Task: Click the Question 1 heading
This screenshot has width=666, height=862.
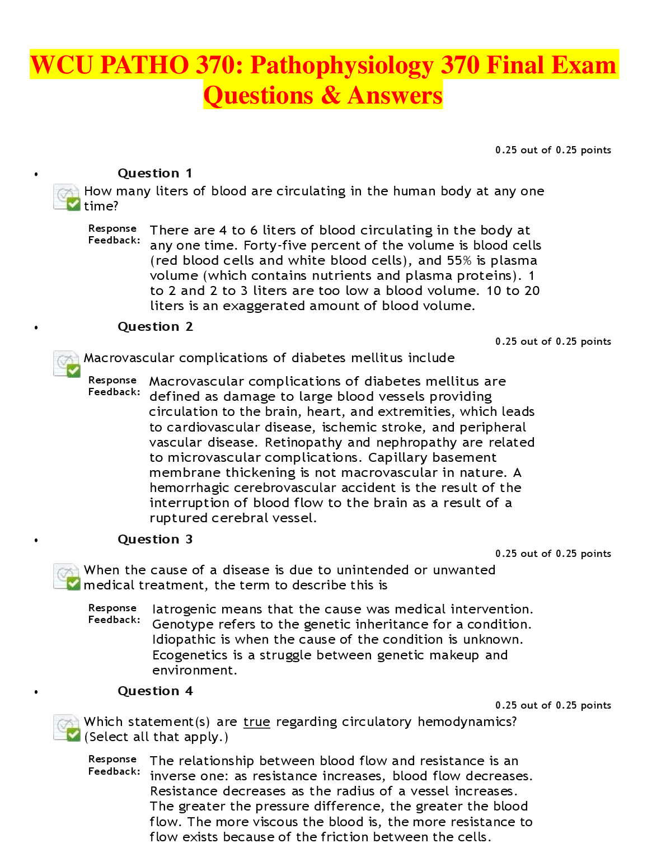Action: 155,174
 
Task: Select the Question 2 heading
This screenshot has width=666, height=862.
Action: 155,327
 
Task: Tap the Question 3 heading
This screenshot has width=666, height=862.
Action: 155,540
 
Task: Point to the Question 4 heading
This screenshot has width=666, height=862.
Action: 155,691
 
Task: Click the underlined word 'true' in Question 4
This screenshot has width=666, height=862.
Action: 257,722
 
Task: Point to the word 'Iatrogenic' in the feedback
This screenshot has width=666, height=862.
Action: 180,610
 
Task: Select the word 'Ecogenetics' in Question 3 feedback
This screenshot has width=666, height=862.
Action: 189,655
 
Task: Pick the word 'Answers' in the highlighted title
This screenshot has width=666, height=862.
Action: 395,95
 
